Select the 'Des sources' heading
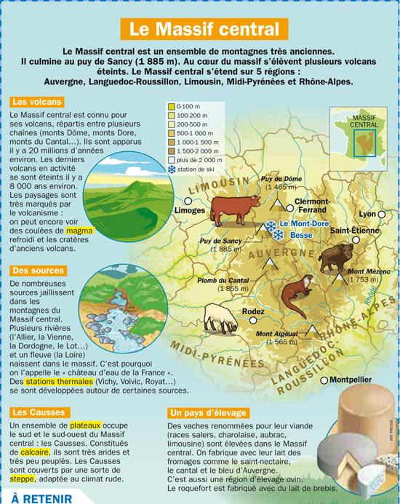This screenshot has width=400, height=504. tap(38, 271)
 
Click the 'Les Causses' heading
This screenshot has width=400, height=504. tap(36, 412)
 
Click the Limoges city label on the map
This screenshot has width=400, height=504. tap(191, 210)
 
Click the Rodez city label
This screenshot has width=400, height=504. tap(253, 311)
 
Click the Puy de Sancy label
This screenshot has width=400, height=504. tap(223, 241)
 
